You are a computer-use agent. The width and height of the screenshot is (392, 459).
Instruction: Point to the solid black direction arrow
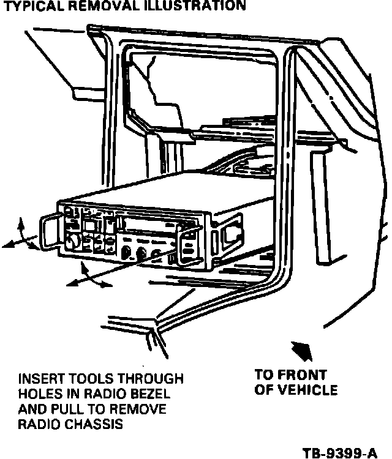coord(304,350)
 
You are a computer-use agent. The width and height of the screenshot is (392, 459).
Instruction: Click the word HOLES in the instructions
coord(40,394)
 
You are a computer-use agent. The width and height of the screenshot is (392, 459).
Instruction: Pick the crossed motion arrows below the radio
coord(88,276)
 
